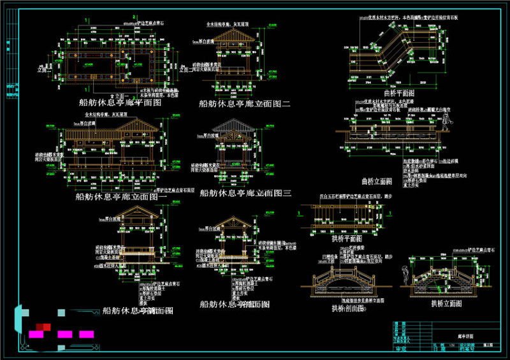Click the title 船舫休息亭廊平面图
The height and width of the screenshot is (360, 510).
coord(124,102)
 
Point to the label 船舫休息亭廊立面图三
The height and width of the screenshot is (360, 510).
coord(245,192)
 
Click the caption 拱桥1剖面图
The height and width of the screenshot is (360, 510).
coord(347,309)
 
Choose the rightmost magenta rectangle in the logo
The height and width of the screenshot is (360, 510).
coord(86,334)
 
